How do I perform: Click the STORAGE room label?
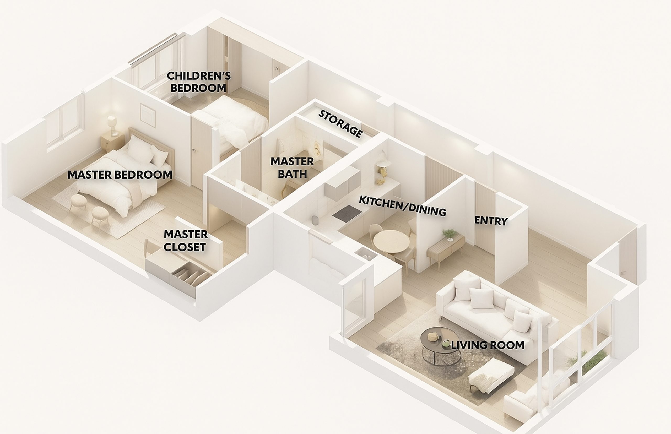(340, 124)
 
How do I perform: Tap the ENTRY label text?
(491, 221)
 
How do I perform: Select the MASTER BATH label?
(292, 168)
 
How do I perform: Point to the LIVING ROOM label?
(488, 345)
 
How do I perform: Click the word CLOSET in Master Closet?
(185, 247)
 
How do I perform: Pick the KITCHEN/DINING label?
(402, 206)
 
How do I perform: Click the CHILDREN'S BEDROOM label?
(199, 82)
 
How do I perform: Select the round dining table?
(391, 241)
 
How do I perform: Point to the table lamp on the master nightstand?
(112, 126)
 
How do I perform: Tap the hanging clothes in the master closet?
(192, 276)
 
